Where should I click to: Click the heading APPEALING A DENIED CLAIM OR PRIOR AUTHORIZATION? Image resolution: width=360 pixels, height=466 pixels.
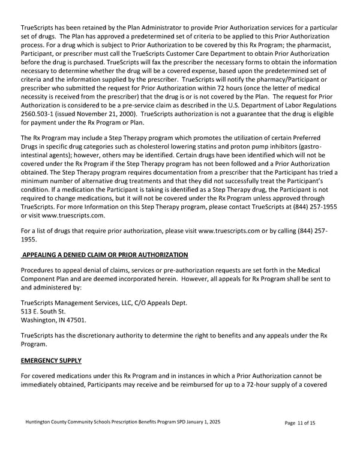click(x=105, y=255)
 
